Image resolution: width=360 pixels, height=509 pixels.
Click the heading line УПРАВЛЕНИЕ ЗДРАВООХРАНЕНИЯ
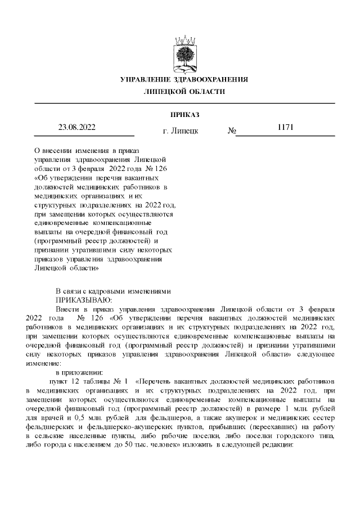click(184, 79)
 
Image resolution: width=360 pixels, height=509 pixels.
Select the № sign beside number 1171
click(231, 131)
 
